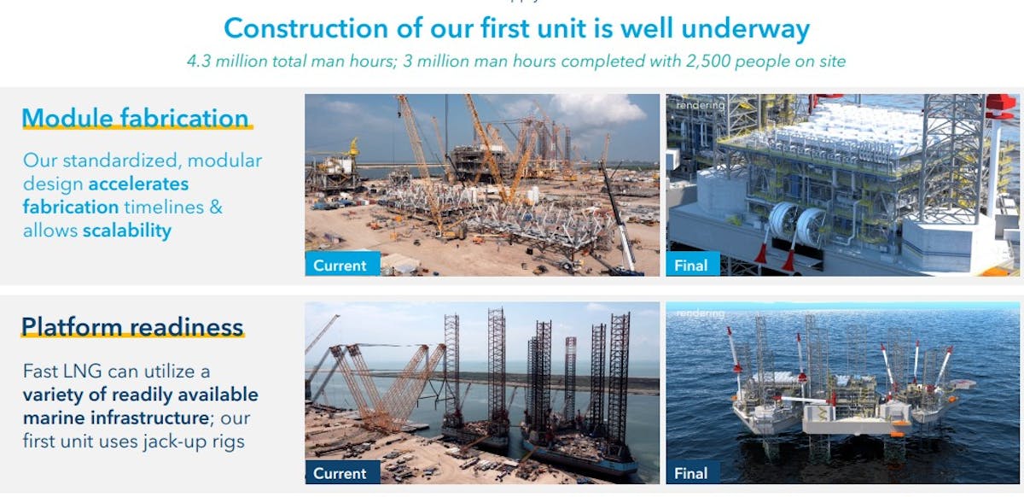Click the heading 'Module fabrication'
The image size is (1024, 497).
point(135,117)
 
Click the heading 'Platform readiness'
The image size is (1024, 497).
point(132,326)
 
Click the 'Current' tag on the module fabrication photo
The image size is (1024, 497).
point(340,265)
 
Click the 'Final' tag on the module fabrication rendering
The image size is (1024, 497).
point(690,265)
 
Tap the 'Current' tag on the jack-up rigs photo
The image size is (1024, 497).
point(340,473)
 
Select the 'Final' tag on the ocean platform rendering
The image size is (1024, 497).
point(690,473)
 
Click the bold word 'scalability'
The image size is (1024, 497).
point(126,231)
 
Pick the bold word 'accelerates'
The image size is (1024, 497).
point(138,184)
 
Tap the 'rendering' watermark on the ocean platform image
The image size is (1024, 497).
point(700,313)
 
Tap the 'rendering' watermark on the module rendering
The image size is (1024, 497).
point(700,105)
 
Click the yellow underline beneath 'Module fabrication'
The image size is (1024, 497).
point(137,129)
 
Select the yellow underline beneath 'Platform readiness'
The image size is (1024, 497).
point(132,338)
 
